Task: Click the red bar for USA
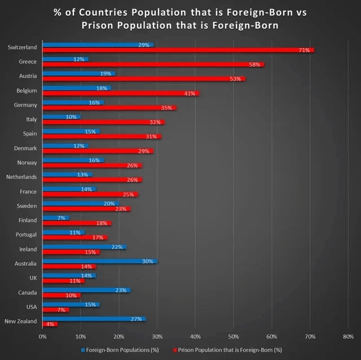(55, 310)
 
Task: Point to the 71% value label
(303, 50)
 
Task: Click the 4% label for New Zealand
(50, 324)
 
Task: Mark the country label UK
(33, 278)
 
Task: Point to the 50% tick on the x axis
(234, 336)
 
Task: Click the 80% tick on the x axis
(347, 336)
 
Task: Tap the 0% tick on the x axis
(43, 336)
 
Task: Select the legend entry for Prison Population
(231, 349)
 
